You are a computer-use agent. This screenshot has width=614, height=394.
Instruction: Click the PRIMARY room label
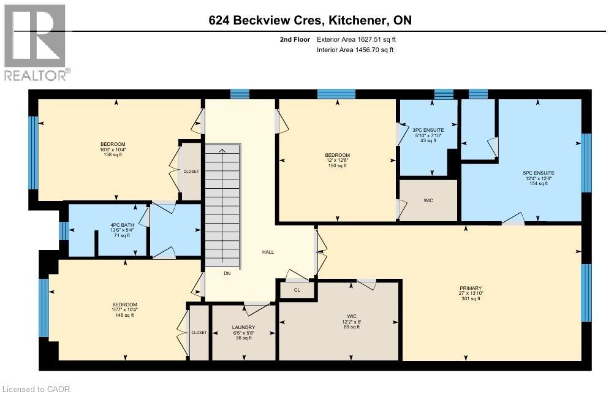471,288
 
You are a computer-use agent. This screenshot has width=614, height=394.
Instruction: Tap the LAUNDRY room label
243,327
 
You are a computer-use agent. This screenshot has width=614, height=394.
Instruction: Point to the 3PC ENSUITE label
428,130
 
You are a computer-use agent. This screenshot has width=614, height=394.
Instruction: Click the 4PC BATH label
119,224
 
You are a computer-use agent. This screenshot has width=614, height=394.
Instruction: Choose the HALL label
268,252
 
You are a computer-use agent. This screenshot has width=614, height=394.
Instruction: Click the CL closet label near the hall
297,290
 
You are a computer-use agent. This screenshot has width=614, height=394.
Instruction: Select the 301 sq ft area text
471,300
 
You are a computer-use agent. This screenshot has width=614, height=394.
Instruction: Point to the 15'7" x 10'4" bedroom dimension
124,310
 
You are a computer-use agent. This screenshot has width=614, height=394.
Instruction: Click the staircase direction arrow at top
221,151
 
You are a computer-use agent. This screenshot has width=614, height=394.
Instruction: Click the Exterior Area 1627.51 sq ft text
360,39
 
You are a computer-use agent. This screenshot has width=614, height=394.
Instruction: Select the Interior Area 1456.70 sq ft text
355,50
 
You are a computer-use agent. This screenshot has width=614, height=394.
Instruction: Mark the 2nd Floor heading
293,39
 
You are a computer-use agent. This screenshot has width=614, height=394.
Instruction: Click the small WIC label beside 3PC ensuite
428,200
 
